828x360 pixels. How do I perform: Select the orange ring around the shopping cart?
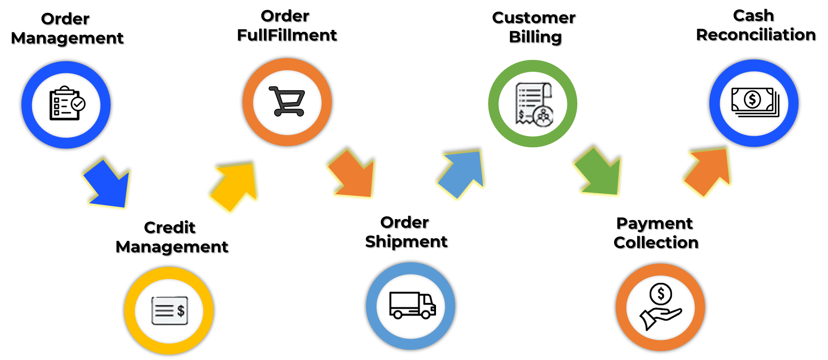tap(249, 102)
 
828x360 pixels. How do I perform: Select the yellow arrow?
tap(236, 186)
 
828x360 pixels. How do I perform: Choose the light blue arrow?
tap(463, 173)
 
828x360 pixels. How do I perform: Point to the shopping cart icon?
tap(287, 101)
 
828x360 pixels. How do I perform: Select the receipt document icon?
tap(532, 102)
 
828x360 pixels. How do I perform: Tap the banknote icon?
tap(755, 102)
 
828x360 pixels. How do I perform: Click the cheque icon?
tap(170, 310)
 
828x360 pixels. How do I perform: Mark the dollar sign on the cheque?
tap(181, 310)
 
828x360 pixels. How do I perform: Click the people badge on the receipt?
tap(544, 117)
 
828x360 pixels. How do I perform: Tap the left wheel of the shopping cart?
tap(278, 113)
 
